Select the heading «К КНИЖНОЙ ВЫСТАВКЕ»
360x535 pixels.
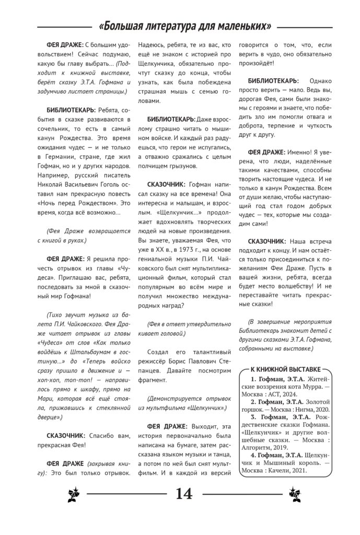click(x=285, y=369)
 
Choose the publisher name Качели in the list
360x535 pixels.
click(x=291, y=470)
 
